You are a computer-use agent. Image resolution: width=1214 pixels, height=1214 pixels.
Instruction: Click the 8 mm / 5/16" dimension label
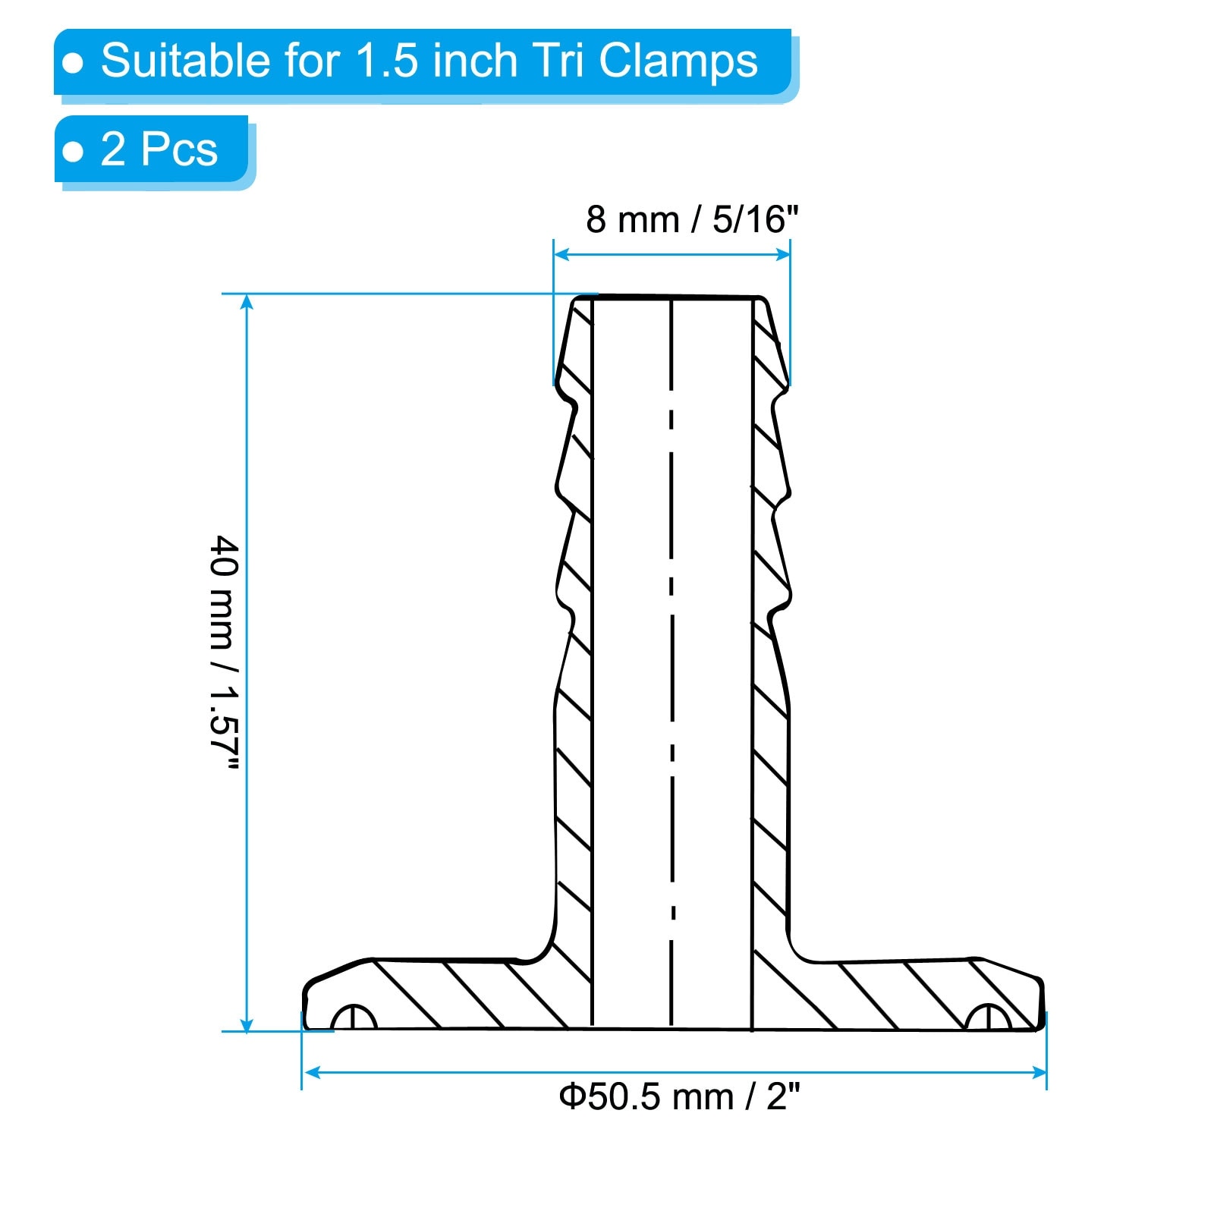(692, 220)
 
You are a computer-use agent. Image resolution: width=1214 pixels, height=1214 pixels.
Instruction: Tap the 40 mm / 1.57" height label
(224, 653)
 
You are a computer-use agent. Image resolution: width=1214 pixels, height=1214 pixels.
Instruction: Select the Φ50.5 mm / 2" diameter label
(679, 1097)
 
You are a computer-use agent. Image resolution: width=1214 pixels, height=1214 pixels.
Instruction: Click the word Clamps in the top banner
(678, 61)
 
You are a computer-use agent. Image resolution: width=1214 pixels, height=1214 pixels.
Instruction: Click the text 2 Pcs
(159, 149)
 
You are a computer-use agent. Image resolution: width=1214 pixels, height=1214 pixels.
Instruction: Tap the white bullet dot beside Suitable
(73, 63)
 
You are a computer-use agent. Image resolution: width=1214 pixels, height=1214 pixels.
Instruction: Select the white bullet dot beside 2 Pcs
(73, 152)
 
